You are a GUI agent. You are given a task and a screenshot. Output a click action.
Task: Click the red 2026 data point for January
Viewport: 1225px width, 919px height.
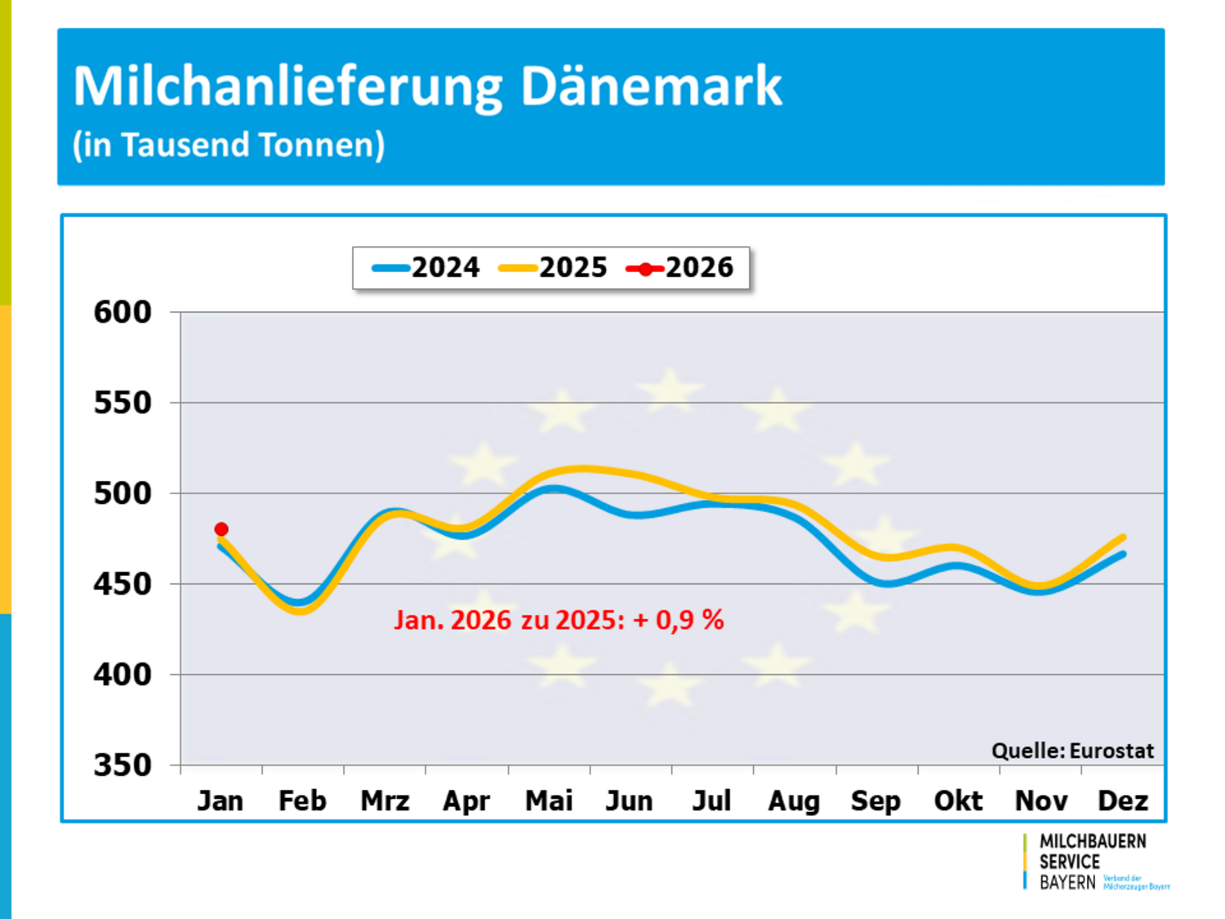(221, 529)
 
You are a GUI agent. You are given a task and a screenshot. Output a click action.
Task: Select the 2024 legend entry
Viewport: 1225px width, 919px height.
(426, 268)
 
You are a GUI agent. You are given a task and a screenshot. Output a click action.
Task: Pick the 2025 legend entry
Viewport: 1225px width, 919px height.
(554, 268)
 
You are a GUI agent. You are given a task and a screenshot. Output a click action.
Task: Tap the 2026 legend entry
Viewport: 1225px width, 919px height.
(680, 268)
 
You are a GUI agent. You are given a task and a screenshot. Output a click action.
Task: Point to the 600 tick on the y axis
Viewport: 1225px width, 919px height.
(122, 312)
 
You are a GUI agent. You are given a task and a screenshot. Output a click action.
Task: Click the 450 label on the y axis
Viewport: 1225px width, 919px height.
(122, 584)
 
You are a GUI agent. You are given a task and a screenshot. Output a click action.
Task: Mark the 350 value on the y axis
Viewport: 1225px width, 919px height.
(122, 765)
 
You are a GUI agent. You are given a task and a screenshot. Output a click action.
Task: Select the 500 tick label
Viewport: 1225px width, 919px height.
(122, 493)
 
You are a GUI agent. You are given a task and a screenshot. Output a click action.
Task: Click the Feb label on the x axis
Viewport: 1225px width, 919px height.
(302, 801)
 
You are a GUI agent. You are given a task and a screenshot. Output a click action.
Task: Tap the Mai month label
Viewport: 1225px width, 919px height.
(549, 801)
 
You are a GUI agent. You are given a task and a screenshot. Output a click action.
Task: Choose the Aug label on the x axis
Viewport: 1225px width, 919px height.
(794, 801)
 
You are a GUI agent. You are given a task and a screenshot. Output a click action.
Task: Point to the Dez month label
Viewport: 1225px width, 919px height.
(1123, 801)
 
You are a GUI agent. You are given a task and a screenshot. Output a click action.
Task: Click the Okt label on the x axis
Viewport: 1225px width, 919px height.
(958, 801)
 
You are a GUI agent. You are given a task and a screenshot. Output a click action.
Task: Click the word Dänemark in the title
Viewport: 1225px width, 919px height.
(651, 86)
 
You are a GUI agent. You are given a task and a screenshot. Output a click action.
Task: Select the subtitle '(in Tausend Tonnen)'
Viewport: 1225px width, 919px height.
(229, 145)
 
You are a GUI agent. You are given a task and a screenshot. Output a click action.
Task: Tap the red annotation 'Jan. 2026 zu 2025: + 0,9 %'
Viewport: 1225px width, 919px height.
(559, 620)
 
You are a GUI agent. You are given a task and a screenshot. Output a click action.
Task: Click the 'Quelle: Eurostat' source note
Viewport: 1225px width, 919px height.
(1072, 751)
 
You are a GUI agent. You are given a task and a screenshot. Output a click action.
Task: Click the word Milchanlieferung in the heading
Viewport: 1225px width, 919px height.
(288, 86)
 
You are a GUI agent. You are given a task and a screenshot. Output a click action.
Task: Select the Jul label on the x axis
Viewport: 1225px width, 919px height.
(711, 801)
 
